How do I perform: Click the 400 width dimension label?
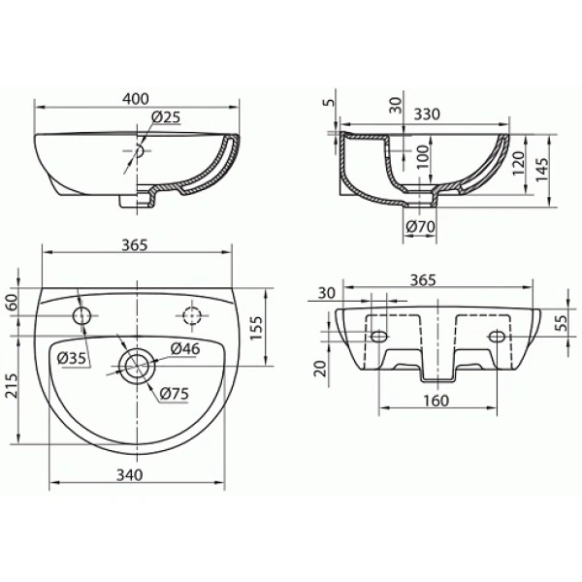(x=136, y=99)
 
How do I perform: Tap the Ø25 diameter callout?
(x=166, y=117)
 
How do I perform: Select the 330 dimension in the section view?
(x=427, y=114)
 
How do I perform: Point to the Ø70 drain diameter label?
(x=420, y=226)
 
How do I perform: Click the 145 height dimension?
(x=541, y=170)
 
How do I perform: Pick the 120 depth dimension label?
(x=519, y=163)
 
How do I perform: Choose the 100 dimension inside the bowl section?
(x=422, y=156)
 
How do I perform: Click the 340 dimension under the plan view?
(x=130, y=474)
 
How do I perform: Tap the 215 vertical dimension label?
(x=11, y=386)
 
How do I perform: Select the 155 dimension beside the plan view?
(x=256, y=328)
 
